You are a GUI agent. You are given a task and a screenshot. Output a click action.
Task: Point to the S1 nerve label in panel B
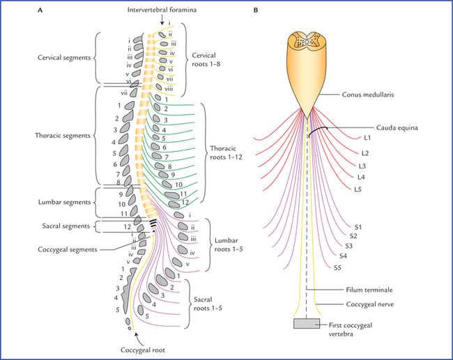coord(358,227)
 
